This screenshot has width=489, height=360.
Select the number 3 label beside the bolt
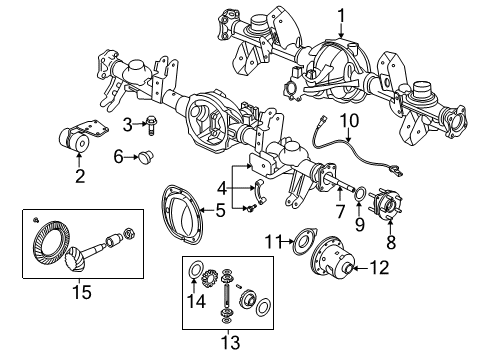pyautogui.click(x=128, y=123)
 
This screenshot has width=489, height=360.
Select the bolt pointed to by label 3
pyautogui.click(x=149, y=124)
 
